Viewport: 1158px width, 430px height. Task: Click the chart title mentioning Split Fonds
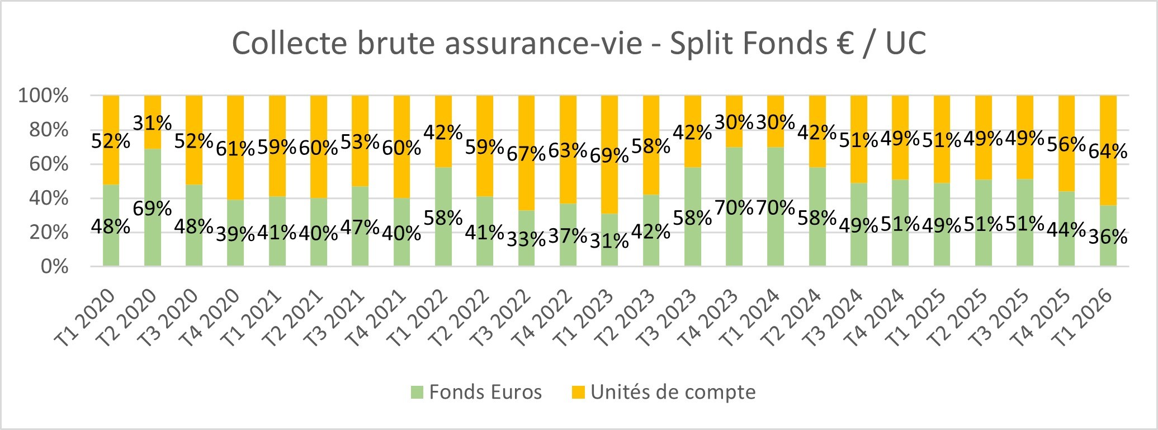[579, 44]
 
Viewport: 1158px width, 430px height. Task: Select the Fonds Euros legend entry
[476, 392]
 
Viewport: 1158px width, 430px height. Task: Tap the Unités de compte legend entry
[664, 392]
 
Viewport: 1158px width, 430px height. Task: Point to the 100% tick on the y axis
[44, 96]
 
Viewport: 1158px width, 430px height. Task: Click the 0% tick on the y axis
[54, 266]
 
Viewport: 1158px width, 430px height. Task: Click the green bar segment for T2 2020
[153, 246]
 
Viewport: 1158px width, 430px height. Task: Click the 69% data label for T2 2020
[152, 209]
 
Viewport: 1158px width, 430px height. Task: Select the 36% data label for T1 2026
[1108, 237]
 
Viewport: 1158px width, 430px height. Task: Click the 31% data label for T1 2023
[609, 241]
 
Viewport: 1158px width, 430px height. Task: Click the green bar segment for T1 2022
[443, 246]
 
